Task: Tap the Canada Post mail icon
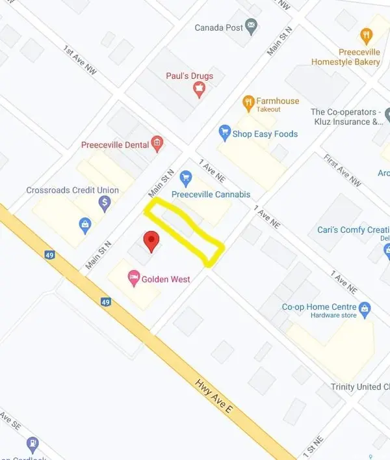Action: (250, 27)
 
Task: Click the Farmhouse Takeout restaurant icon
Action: (248, 102)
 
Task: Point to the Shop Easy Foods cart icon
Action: (225, 133)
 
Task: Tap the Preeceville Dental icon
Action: (157, 143)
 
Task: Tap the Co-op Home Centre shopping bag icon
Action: (365, 306)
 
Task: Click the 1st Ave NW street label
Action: (80, 59)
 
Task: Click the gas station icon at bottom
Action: (32, 444)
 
